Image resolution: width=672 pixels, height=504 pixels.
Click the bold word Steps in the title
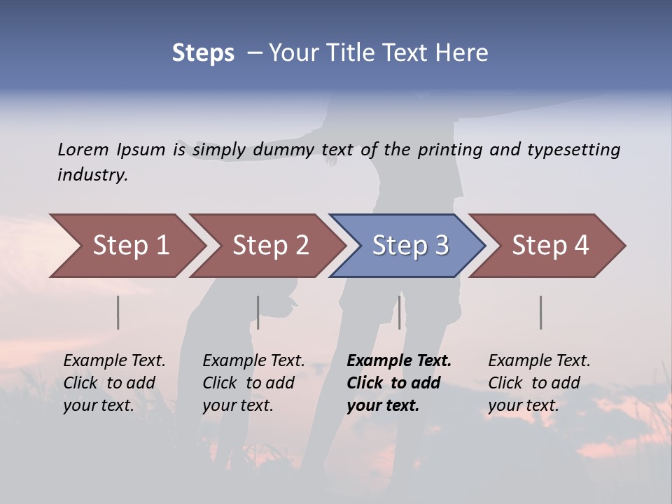[x=203, y=53]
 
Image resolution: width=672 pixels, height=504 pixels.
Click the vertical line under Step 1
[x=118, y=312]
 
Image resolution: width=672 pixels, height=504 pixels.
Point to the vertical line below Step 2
[x=258, y=312]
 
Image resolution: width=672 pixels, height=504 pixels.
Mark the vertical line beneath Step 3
[x=400, y=312]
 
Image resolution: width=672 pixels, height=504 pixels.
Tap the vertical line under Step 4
[x=541, y=312]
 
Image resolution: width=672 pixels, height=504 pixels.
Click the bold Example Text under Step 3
[x=399, y=382]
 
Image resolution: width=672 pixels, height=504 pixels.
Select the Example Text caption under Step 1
[x=114, y=382]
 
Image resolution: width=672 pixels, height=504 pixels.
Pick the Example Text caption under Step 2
[x=253, y=382]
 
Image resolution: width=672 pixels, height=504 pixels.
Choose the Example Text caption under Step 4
[x=539, y=382]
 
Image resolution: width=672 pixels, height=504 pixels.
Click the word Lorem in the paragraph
[x=83, y=149]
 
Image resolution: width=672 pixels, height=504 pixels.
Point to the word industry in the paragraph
[x=92, y=174]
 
